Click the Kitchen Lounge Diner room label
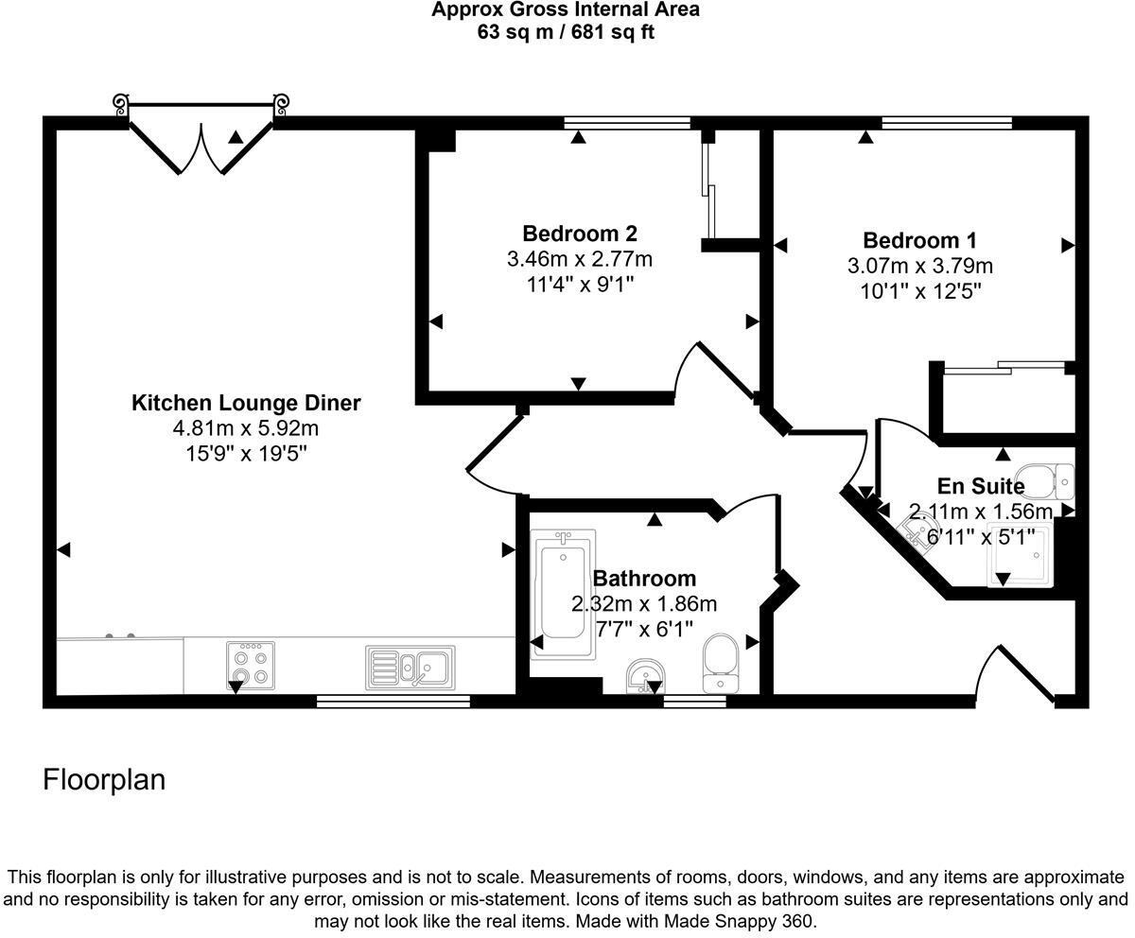(x=246, y=403)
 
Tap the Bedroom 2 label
(x=580, y=234)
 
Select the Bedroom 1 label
(x=919, y=240)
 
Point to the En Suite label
(x=981, y=486)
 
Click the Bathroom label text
(x=644, y=579)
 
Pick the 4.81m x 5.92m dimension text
(x=246, y=428)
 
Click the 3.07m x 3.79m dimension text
(x=919, y=266)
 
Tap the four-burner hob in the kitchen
(x=251, y=666)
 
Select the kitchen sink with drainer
(x=410, y=668)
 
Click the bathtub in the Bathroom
(x=563, y=595)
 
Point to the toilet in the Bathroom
(x=720, y=663)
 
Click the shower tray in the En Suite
(x=1020, y=554)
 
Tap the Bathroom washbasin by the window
(x=645, y=677)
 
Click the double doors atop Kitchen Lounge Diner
(x=201, y=149)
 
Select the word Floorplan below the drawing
(x=104, y=780)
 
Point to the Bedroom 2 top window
(x=627, y=122)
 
